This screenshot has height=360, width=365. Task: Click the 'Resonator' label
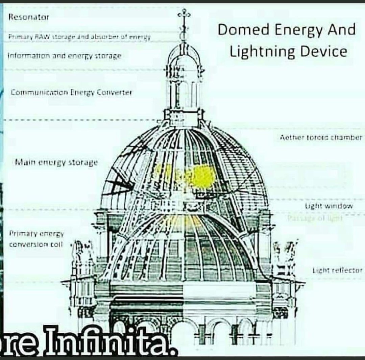(29, 17)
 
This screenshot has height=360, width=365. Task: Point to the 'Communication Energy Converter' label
(71, 92)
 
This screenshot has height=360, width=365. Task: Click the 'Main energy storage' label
(56, 162)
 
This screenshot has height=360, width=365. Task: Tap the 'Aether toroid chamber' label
(321, 137)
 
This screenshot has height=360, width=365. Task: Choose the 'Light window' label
(329, 206)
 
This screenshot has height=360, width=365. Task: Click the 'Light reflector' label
(337, 270)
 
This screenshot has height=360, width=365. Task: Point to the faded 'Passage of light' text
(315, 218)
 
